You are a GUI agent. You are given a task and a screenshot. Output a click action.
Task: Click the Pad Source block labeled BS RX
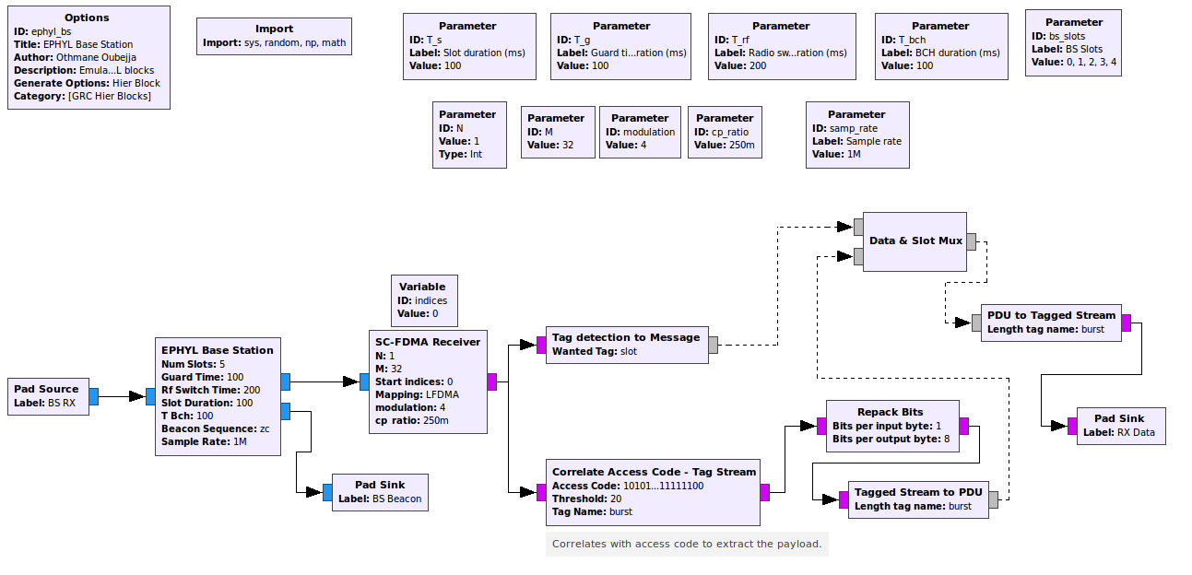[48, 396]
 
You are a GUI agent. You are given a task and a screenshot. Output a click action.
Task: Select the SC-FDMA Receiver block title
[428, 342]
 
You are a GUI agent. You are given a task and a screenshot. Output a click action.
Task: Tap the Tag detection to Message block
[626, 345]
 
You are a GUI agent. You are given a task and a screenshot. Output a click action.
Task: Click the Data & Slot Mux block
[915, 241]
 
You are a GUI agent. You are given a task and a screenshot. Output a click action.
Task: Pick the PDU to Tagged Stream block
[1051, 322]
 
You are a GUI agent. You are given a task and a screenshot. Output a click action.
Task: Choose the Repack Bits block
[892, 425]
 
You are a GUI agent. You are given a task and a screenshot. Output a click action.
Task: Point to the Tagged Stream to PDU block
[917, 499]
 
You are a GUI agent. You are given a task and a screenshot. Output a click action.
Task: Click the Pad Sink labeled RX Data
[1121, 426]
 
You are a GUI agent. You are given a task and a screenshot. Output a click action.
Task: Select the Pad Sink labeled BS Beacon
[379, 491]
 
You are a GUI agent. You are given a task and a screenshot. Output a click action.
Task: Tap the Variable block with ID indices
[422, 300]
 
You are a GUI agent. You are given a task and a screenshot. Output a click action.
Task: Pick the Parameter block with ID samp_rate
[856, 135]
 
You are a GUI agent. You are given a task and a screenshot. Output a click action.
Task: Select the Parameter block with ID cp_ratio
[725, 132]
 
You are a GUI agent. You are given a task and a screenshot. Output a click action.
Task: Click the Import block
[274, 36]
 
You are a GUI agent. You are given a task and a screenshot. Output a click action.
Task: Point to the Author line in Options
[75, 57]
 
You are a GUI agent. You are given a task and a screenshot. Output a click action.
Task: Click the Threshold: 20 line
[586, 499]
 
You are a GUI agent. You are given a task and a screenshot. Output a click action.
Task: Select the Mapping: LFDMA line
[417, 394]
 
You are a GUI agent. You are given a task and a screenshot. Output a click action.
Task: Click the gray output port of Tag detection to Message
[713, 345]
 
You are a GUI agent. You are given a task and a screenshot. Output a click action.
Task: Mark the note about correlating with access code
[687, 544]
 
